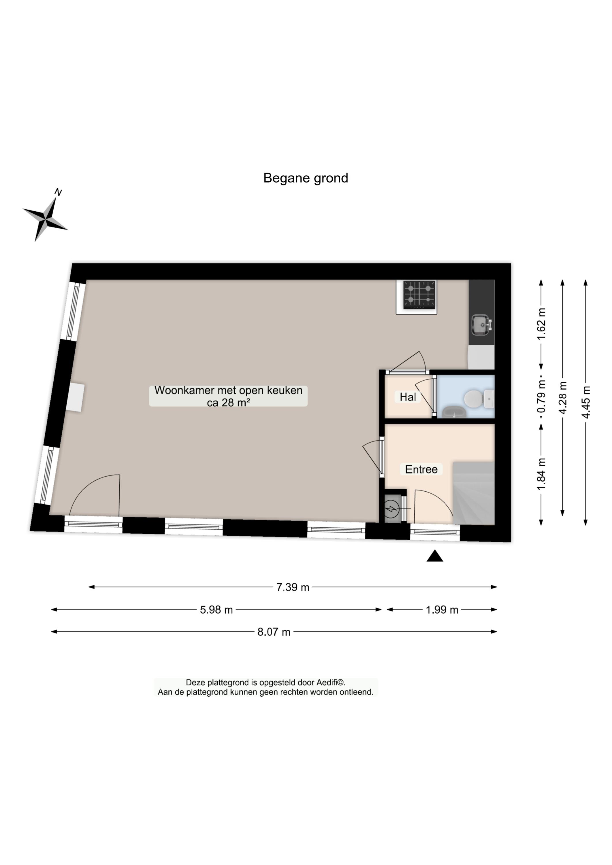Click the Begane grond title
pyautogui.click(x=306, y=178)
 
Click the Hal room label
pyautogui.click(x=408, y=397)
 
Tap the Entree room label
pyautogui.click(x=421, y=469)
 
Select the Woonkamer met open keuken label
pyautogui.click(x=228, y=396)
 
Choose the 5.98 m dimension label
pyautogui.click(x=216, y=610)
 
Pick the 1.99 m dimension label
pyautogui.click(x=442, y=610)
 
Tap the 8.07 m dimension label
pyautogui.click(x=274, y=632)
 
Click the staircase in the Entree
pyautogui.click(x=473, y=493)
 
